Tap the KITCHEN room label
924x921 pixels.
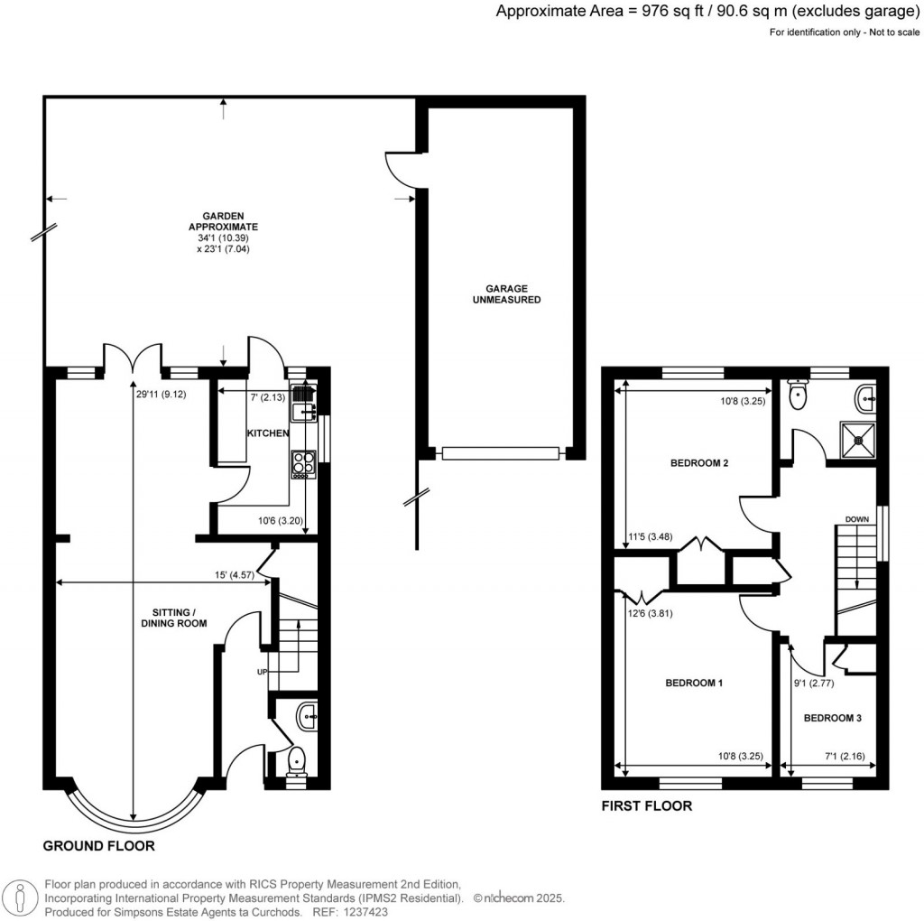(268, 433)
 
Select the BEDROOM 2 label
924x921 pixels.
(699, 463)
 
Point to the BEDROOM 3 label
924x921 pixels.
(833, 718)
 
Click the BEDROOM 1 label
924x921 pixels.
(694, 683)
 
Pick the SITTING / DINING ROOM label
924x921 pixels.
(173, 617)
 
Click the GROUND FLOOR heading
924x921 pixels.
(99, 846)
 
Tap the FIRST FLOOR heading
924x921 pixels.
(647, 805)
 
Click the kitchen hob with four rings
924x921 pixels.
(301, 463)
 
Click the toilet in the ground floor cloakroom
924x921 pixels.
(297, 764)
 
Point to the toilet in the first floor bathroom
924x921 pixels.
(799, 395)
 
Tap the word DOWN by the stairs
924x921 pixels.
(857, 519)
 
